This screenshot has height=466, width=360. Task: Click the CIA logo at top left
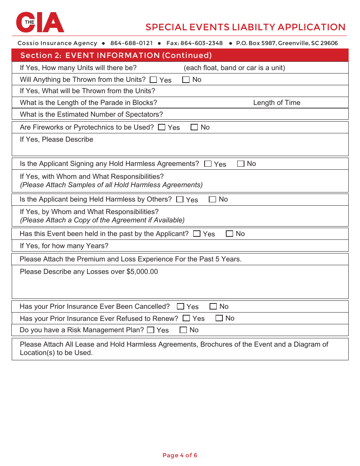[40, 22]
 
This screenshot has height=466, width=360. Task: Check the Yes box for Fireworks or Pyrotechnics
[162, 127]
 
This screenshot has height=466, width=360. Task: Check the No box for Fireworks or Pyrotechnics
[194, 127]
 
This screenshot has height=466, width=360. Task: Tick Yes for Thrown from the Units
[153, 80]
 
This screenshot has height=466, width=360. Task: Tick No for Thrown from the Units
[186, 80]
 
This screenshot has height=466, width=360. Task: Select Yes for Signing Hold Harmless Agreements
[208, 164]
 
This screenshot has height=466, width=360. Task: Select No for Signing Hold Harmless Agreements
[241, 164]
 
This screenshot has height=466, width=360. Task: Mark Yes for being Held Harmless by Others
[180, 199]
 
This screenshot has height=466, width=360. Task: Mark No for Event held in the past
[229, 234]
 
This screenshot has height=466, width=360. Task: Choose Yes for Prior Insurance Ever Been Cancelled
[181, 306]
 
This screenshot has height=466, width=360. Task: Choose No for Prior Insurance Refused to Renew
[219, 318]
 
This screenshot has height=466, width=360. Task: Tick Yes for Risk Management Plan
[150, 330]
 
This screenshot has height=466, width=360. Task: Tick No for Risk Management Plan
[183, 330]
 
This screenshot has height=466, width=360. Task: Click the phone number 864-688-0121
[131, 43]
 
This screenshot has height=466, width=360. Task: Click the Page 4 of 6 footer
[180, 455]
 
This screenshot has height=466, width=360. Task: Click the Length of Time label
[277, 103]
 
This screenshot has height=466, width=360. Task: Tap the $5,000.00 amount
[142, 272]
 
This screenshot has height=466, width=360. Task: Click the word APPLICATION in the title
[311, 27]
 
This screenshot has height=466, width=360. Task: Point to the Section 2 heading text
[116, 55]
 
